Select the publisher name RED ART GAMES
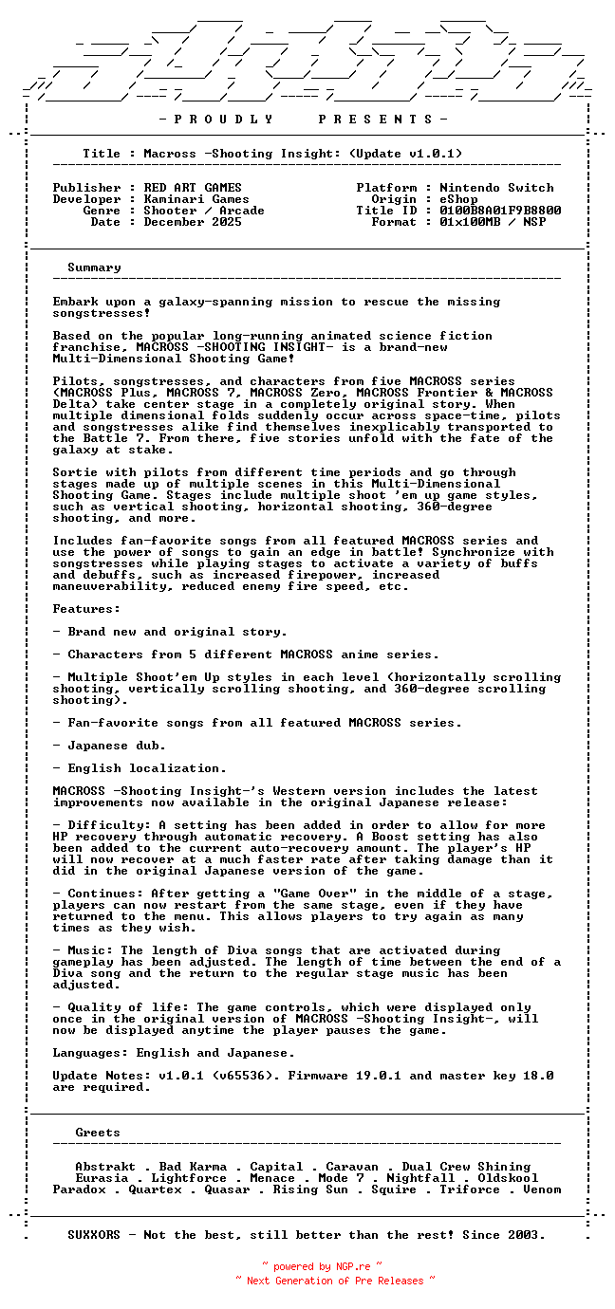pos(193,188)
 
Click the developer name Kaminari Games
pos(196,199)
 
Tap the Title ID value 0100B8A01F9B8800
pos(500,211)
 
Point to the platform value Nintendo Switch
pos(496,188)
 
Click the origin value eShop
pos(458,199)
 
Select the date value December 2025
pos(193,222)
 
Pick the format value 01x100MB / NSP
pos(493,222)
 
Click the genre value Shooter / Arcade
pos(204,211)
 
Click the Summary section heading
pos(94,267)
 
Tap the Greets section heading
pos(98,1133)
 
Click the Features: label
pos(86,609)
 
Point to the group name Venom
pos(542,1189)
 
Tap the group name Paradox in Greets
pos(79,1189)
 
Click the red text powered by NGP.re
pos(322,1266)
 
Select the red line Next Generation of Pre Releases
pos(335,1281)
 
